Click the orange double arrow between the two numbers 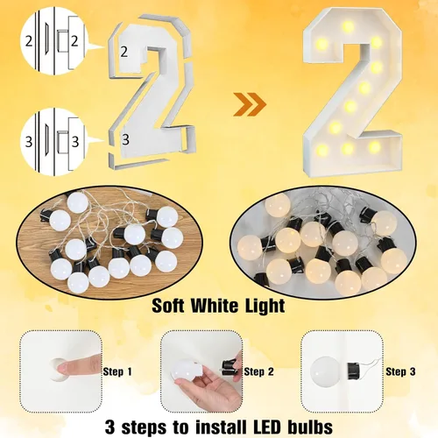pos(250,104)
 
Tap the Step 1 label pos(117,371)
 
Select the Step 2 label pos(259,371)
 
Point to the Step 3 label pos(400,371)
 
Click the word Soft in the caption pos(168,306)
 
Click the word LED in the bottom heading pos(266,427)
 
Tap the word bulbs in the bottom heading pos(310,427)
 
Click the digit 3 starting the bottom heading pos(110,427)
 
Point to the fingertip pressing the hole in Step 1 pos(63,368)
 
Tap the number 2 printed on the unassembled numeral pos(124,52)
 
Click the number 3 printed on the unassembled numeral pos(125,139)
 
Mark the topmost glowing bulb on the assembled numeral pos(348,26)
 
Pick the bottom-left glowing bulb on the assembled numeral pos(322,150)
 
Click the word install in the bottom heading pos(221,427)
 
